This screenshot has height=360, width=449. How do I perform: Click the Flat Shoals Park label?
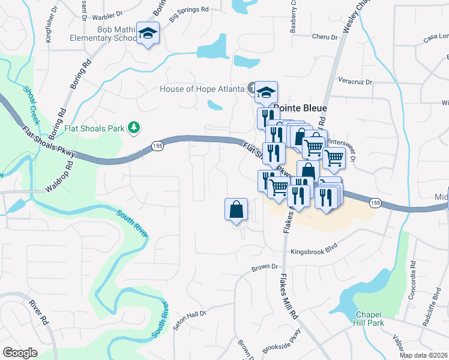click(x=94, y=128)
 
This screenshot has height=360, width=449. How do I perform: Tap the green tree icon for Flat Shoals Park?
click(x=136, y=127)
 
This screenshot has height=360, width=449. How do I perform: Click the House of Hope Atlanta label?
click(x=202, y=89)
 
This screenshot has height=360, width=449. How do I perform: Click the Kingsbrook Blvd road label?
click(x=315, y=252)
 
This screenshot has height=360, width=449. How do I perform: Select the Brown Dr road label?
click(x=266, y=266)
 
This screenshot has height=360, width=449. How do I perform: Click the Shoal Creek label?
click(x=31, y=104)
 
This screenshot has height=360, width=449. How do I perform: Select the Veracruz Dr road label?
click(x=355, y=81)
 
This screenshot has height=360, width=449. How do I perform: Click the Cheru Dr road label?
click(x=325, y=37)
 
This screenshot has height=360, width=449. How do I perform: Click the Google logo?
click(x=20, y=352)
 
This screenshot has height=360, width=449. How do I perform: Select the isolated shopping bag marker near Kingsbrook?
click(x=237, y=210)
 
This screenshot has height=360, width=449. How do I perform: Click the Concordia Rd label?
click(x=413, y=273)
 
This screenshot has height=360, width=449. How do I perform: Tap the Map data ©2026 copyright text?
click(x=423, y=355)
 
